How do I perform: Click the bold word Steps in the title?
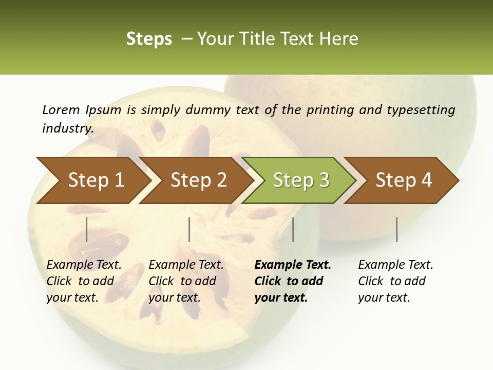(x=149, y=39)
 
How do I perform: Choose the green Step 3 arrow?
(x=301, y=180)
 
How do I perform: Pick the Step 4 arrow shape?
(x=404, y=180)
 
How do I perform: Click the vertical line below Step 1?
(x=87, y=229)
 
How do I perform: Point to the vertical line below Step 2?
(x=189, y=229)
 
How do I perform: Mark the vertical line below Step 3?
(x=293, y=229)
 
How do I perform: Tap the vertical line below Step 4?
(x=397, y=229)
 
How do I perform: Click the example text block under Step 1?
(x=84, y=281)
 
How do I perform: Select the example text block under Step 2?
(x=186, y=281)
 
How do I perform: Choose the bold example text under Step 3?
(x=293, y=281)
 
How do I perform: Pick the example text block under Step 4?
(x=395, y=281)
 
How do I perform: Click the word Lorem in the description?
(x=61, y=109)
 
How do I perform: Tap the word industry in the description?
(x=67, y=128)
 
